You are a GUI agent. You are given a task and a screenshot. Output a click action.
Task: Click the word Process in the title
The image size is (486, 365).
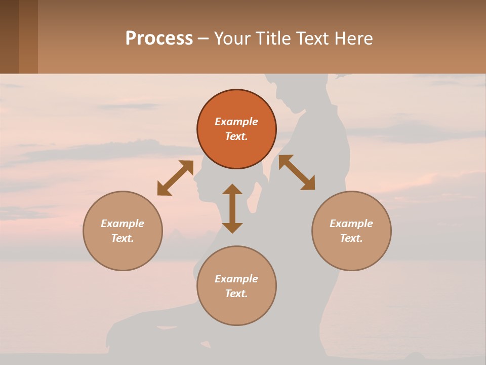159,38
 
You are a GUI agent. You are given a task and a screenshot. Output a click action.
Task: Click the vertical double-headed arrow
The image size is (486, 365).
232,208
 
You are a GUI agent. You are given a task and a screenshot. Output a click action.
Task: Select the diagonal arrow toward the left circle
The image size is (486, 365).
175,177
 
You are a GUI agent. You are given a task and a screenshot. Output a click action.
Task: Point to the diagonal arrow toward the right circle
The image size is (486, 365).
297,172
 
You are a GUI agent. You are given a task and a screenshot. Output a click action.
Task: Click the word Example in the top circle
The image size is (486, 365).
236,122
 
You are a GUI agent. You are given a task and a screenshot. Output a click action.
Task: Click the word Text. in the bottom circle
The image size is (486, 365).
236,294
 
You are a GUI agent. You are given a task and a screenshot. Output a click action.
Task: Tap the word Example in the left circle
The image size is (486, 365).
123,224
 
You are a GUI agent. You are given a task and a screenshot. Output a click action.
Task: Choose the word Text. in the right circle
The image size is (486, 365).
351,238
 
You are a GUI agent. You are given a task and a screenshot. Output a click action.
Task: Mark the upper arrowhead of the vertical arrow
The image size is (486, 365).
232,190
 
